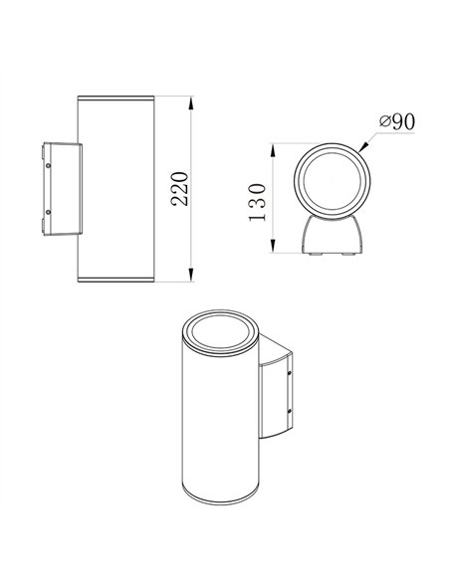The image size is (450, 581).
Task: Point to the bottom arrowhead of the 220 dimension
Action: click(190, 280)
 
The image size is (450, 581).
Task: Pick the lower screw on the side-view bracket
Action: click(47, 213)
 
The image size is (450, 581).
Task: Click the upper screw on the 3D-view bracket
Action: click(291, 374)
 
